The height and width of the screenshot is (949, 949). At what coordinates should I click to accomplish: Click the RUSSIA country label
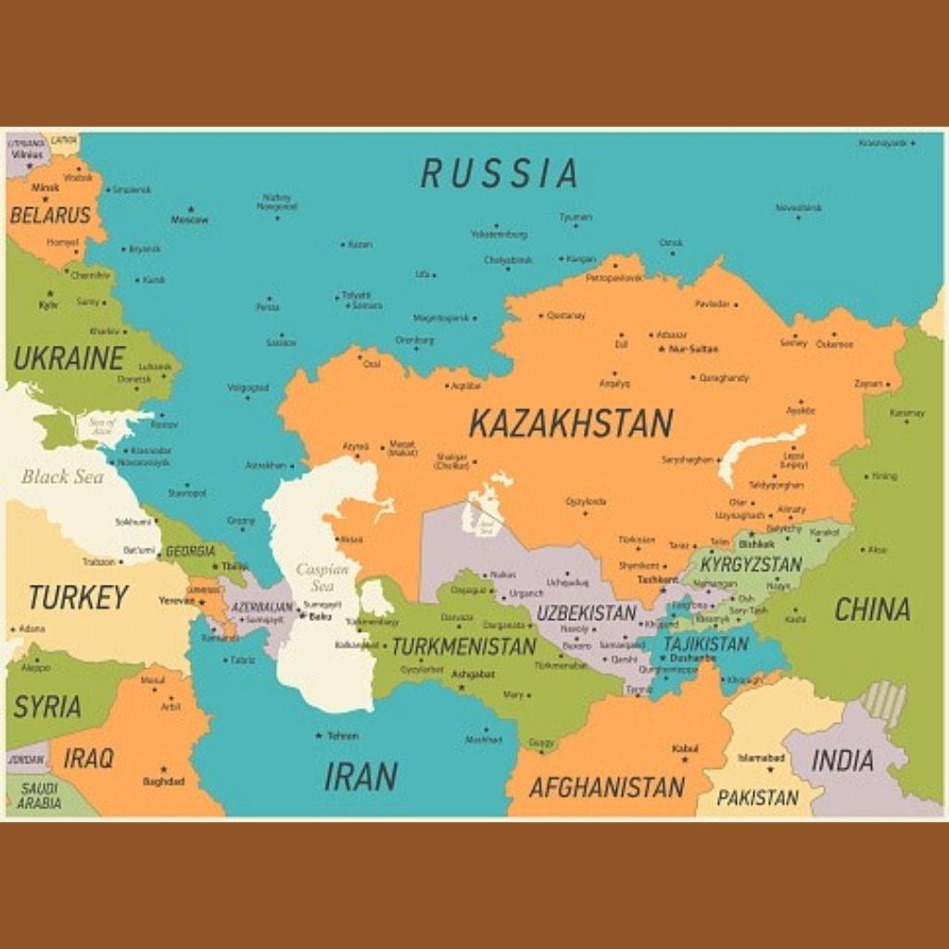coord(500,173)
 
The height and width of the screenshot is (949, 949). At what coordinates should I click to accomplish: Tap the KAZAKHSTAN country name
coord(570,424)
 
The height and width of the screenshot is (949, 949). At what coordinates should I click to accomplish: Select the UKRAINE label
coord(69,359)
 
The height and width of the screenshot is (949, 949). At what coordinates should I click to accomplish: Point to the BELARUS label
coord(50,216)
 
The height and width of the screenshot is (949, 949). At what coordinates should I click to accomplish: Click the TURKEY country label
coord(78,598)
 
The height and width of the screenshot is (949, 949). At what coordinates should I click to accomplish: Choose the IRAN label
coord(361,777)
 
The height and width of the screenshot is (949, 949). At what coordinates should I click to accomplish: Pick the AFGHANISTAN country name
coord(606,788)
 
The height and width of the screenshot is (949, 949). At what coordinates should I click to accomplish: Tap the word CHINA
coord(872,610)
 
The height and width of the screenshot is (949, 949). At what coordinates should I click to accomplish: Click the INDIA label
coord(842,761)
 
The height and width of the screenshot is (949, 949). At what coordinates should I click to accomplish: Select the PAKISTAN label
coord(757,797)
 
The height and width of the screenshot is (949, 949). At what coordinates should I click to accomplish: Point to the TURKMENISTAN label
coord(463,646)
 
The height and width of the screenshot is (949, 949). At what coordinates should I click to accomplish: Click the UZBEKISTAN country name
coord(587,613)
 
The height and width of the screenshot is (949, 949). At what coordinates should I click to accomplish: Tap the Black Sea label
coord(63,477)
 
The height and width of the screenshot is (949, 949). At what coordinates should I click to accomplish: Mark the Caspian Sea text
coord(323,577)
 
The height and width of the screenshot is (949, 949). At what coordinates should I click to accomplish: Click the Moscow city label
coord(189,220)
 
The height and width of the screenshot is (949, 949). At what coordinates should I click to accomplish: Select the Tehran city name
coord(342,736)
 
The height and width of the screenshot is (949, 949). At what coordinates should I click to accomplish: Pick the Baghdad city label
coord(163,781)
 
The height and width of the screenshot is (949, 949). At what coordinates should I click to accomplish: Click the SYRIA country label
coord(47,707)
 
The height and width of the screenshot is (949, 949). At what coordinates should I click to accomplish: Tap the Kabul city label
coord(685,748)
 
